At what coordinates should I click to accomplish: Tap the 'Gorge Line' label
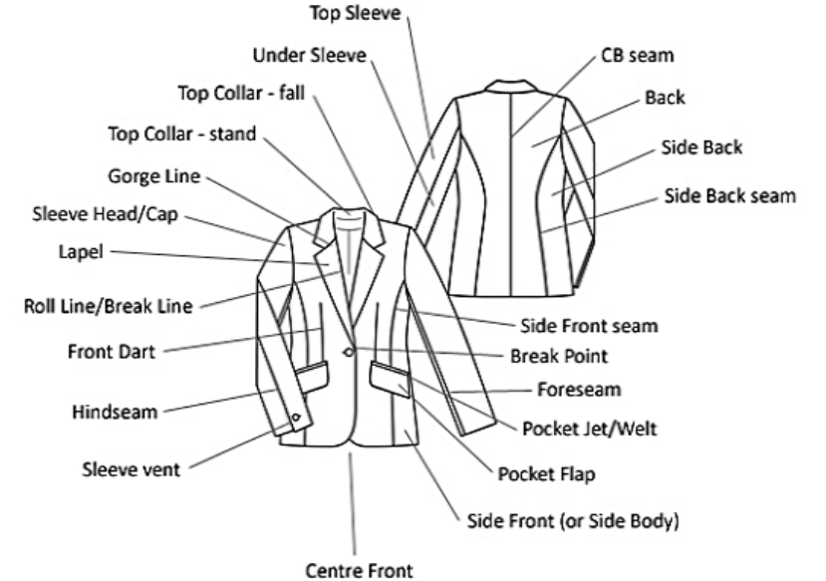pyautogui.click(x=153, y=176)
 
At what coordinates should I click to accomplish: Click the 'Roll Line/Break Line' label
pyautogui.click(x=108, y=305)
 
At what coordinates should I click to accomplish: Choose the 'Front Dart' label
pyautogui.click(x=111, y=352)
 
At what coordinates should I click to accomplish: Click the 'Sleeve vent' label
pyautogui.click(x=131, y=468)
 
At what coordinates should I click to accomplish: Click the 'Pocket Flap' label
pyautogui.click(x=547, y=473)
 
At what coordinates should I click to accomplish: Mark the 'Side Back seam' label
pyautogui.click(x=729, y=195)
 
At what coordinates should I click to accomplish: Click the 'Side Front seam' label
pyautogui.click(x=589, y=325)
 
